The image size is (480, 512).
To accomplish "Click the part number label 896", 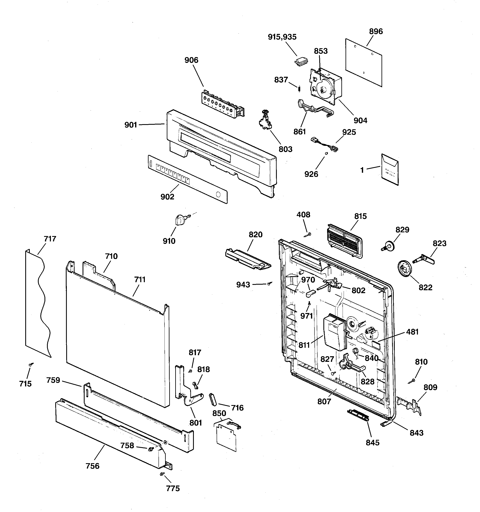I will pos(376,31).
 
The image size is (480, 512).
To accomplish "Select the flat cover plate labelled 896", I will pos(363,63).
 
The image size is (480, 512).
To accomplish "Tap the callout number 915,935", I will pos(282,37).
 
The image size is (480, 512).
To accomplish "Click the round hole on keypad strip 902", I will pos(218,195).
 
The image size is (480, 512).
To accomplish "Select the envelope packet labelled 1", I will pos(390,170).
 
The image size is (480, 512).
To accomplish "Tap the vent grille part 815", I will pos(344,240).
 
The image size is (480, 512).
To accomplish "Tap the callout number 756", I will pos(92,466).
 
